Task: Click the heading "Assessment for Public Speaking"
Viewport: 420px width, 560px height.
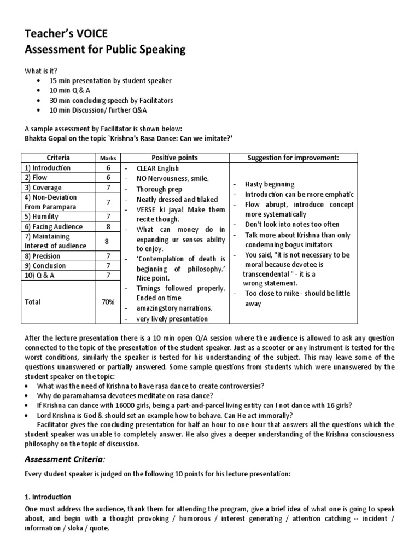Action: (x=105, y=50)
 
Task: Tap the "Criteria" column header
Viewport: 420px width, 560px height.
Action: (x=58, y=157)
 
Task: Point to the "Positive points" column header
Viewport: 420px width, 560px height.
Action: (x=174, y=157)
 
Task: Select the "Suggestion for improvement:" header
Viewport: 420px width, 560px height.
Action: (x=293, y=157)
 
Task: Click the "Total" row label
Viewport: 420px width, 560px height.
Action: (x=33, y=302)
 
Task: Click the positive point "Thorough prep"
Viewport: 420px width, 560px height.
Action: (x=161, y=189)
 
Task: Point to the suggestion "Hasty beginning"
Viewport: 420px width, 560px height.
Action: (x=270, y=184)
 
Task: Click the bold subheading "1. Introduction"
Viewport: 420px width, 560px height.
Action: (x=48, y=497)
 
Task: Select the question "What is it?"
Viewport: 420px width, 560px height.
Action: (x=40, y=71)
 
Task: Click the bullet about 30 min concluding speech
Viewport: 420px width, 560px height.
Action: (x=111, y=100)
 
